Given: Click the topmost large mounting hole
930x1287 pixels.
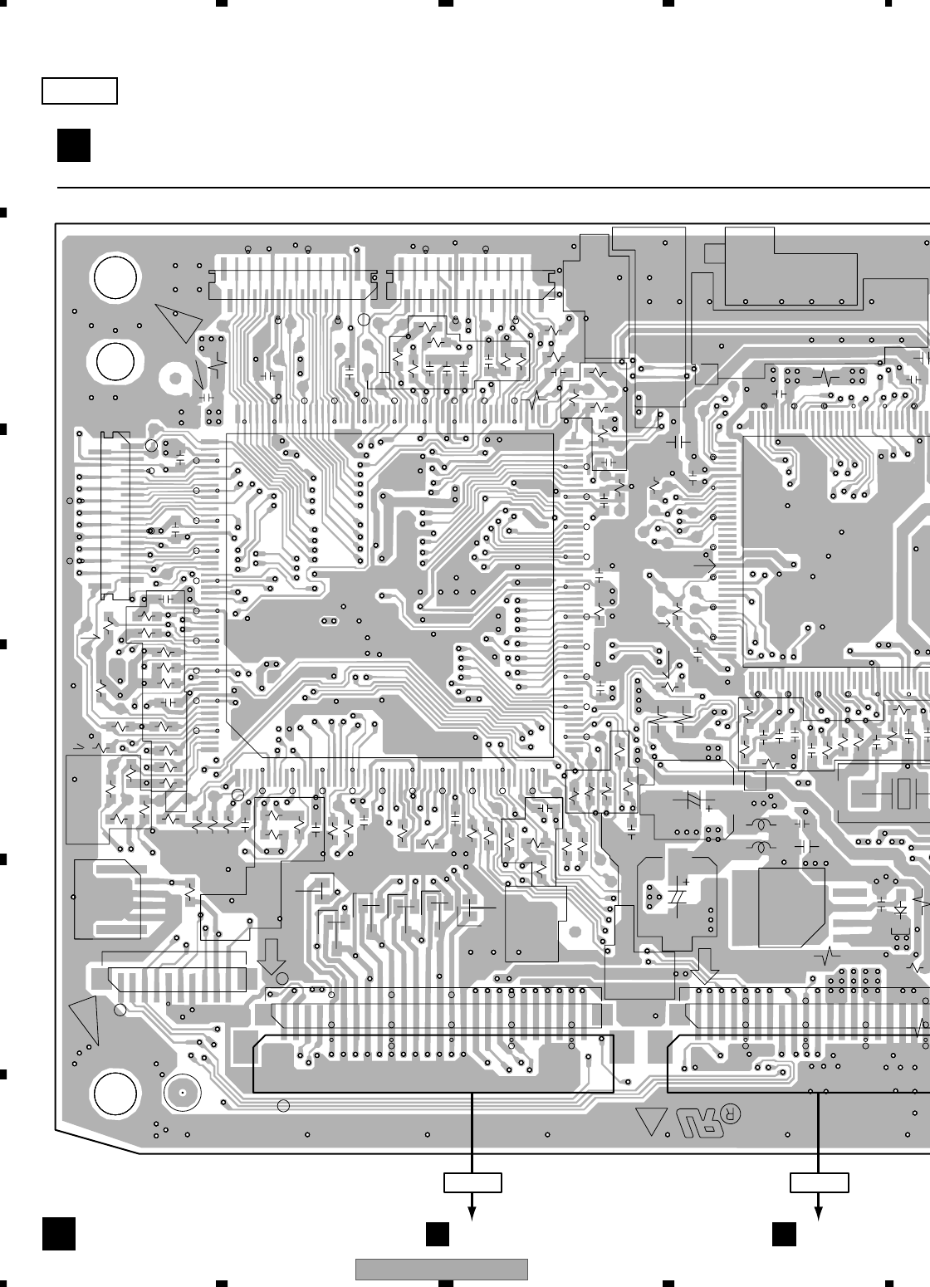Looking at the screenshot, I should [115, 278].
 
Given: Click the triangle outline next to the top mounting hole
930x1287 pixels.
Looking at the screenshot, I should [180, 321].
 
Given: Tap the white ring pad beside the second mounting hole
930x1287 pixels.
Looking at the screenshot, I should [175, 379].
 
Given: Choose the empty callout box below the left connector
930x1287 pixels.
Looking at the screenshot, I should [472, 1182].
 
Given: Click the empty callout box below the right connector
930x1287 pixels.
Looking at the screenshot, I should [819, 1182].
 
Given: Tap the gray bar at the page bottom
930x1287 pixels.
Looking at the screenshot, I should [442, 1270].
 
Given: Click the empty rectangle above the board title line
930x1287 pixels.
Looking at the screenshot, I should [80, 91].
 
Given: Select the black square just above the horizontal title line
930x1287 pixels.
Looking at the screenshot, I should [74, 145].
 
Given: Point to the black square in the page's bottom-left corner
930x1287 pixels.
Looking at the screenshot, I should [60, 1233].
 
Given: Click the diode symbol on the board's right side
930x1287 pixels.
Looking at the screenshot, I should [899, 909].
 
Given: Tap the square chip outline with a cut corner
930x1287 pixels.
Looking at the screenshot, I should [791, 907].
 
